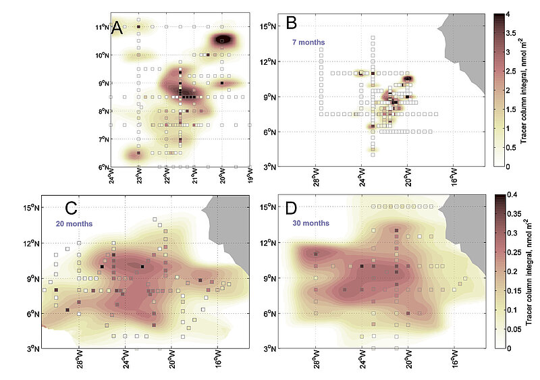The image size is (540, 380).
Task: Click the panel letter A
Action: [x=117, y=29]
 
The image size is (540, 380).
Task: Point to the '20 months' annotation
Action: [x=74, y=223]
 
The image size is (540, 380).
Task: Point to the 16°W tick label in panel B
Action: [x=454, y=178]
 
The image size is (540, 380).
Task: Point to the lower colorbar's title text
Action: [x=531, y=271]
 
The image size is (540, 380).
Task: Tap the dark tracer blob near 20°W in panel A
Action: [x=224, y=40]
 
